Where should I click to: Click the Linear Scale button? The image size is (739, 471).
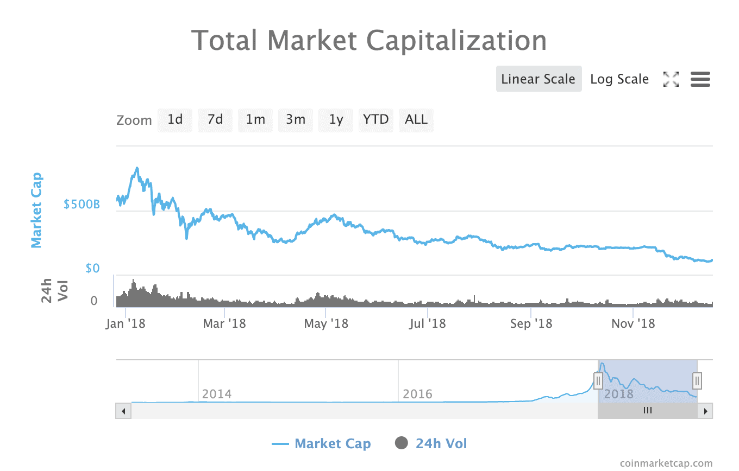click(538, 79)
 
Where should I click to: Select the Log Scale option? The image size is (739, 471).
click(619, 79)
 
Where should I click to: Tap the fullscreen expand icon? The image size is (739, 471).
click(671, 79)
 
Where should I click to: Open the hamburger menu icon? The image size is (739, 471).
click(700, 79)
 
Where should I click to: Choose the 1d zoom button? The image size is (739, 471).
click(175, 119)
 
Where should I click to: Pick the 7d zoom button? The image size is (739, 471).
click(215, 119)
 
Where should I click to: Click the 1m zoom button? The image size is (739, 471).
click(255, 119)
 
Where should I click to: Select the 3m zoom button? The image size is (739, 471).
click(296, 119)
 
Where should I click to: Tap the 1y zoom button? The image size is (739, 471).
click(336, 119)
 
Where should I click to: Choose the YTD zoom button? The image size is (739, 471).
click(376, 119)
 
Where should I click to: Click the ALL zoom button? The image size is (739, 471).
click(416, 119)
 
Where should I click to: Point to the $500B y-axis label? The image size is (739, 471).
click(82, 205)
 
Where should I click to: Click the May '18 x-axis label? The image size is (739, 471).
click(325, 324)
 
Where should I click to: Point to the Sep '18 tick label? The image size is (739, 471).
click(531, 324)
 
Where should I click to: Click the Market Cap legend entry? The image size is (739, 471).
click(321, 444)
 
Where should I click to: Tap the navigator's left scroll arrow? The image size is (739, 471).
click(123, 411)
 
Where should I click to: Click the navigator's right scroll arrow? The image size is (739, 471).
click(705, 411)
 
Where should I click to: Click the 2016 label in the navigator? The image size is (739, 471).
click(417, 393)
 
